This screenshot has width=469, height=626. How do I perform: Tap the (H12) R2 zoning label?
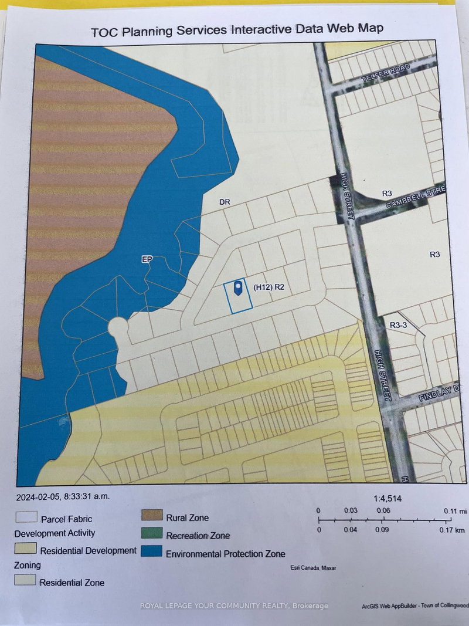(x=269, y=287)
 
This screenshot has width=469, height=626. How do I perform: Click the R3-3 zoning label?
(x=402, y=323)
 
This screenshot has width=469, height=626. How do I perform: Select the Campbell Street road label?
(x=417, y=198)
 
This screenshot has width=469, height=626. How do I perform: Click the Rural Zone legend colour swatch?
(x=151, y=516)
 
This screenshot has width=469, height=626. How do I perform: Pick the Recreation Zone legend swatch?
(x=151, y=534)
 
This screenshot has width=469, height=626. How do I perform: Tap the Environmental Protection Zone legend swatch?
(x=151, y=553)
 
